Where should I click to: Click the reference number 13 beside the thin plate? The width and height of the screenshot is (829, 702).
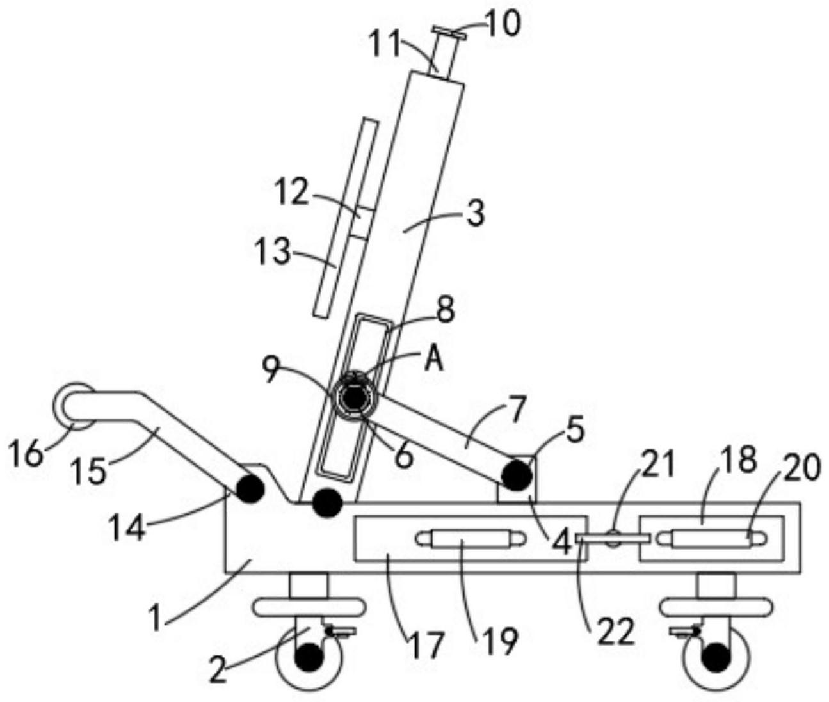tap(273, 251)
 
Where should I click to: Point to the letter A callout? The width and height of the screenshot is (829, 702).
tap(433, 360)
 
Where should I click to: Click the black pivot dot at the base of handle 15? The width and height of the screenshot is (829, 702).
tap(250, 489)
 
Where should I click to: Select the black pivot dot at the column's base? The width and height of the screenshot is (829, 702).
tap(327, 503)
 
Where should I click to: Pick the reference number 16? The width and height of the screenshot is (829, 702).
tap(27, 453)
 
